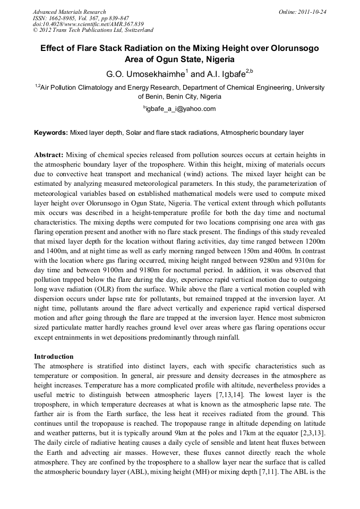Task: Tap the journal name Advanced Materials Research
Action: click(x=69, y=12)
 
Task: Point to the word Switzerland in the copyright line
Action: click(x=136, y=31)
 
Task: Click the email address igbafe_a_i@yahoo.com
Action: click(x=181, y=109)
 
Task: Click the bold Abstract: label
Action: click(x=49, y=154)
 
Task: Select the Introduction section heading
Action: click(x=54, y=356)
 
